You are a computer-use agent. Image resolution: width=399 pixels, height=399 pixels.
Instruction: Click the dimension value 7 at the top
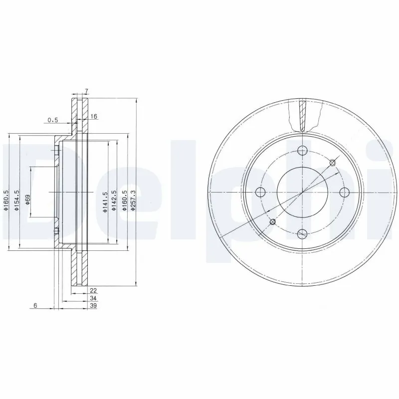(86, 91)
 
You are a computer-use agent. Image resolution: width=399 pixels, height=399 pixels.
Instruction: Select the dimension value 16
(94, 116)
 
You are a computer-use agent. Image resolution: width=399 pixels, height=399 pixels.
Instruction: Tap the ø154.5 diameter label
(16, 200)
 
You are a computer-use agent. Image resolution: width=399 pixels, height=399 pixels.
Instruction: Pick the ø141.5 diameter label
(105, 202)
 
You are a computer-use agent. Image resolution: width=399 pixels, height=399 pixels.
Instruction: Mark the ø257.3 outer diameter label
(133, 200)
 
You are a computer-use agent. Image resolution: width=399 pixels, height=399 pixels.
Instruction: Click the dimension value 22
(93, 290)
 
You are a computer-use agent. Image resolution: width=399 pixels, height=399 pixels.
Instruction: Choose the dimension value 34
(93, 298)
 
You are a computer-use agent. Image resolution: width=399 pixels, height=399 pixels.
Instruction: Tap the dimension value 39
(93, 306)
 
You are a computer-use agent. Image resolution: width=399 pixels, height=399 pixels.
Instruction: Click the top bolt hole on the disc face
(301, 151)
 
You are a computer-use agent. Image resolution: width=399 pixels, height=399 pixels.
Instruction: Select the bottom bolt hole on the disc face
(301, 233)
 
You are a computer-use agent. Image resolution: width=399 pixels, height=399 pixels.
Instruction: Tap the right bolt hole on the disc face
(342, 192)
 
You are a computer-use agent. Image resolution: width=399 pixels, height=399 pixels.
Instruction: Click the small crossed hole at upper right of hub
(333, 162)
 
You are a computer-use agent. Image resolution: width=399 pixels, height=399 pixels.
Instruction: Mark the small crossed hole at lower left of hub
(272, 221)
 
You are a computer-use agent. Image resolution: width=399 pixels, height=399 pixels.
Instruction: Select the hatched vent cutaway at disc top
(302, 116)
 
